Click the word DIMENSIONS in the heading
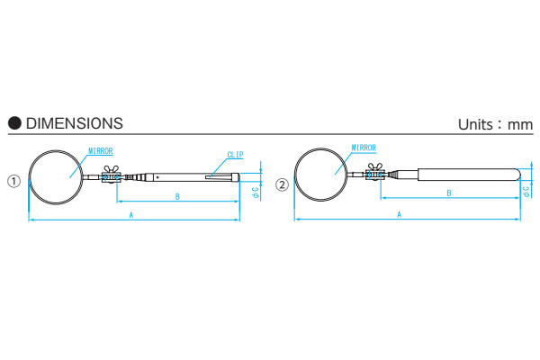pyautogui.click(x=75, y=123)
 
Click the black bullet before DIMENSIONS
pyautogui.click(x=14, y=123)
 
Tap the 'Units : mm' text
pyautogui.click(x=495, y=124)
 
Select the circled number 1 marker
pyautogui.click(x=14, y=181)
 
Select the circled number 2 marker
pyautogui.click(x=282, y=185)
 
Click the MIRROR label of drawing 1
pyautogui.click(x=101, y=151)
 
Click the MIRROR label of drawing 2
pyautogui.click(x=364, y=148)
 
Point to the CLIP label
pyautogui.click(x=235, y=155)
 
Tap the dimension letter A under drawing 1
pyautogui.click(x=130, y=215)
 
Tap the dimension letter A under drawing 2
pyautogui.click(x=399, y=214)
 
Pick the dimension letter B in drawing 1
pyautogui.click(x=177, y=197)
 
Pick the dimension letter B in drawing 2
pyautogui.click(x=449, y=193)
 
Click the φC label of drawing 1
pyautogui.click(x=256, y=193)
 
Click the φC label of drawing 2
pyautogui.click(x=526, y=192)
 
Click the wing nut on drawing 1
pyautogui.click(x=112, y=169)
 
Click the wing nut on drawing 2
pyautogui.click(x=375, y=166)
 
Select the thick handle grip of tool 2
pyautogui.click(x=469, y=175)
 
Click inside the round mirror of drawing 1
pyautogui.click(x=56, y=177)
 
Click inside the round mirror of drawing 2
pyautogui.click(x=321, y=175)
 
